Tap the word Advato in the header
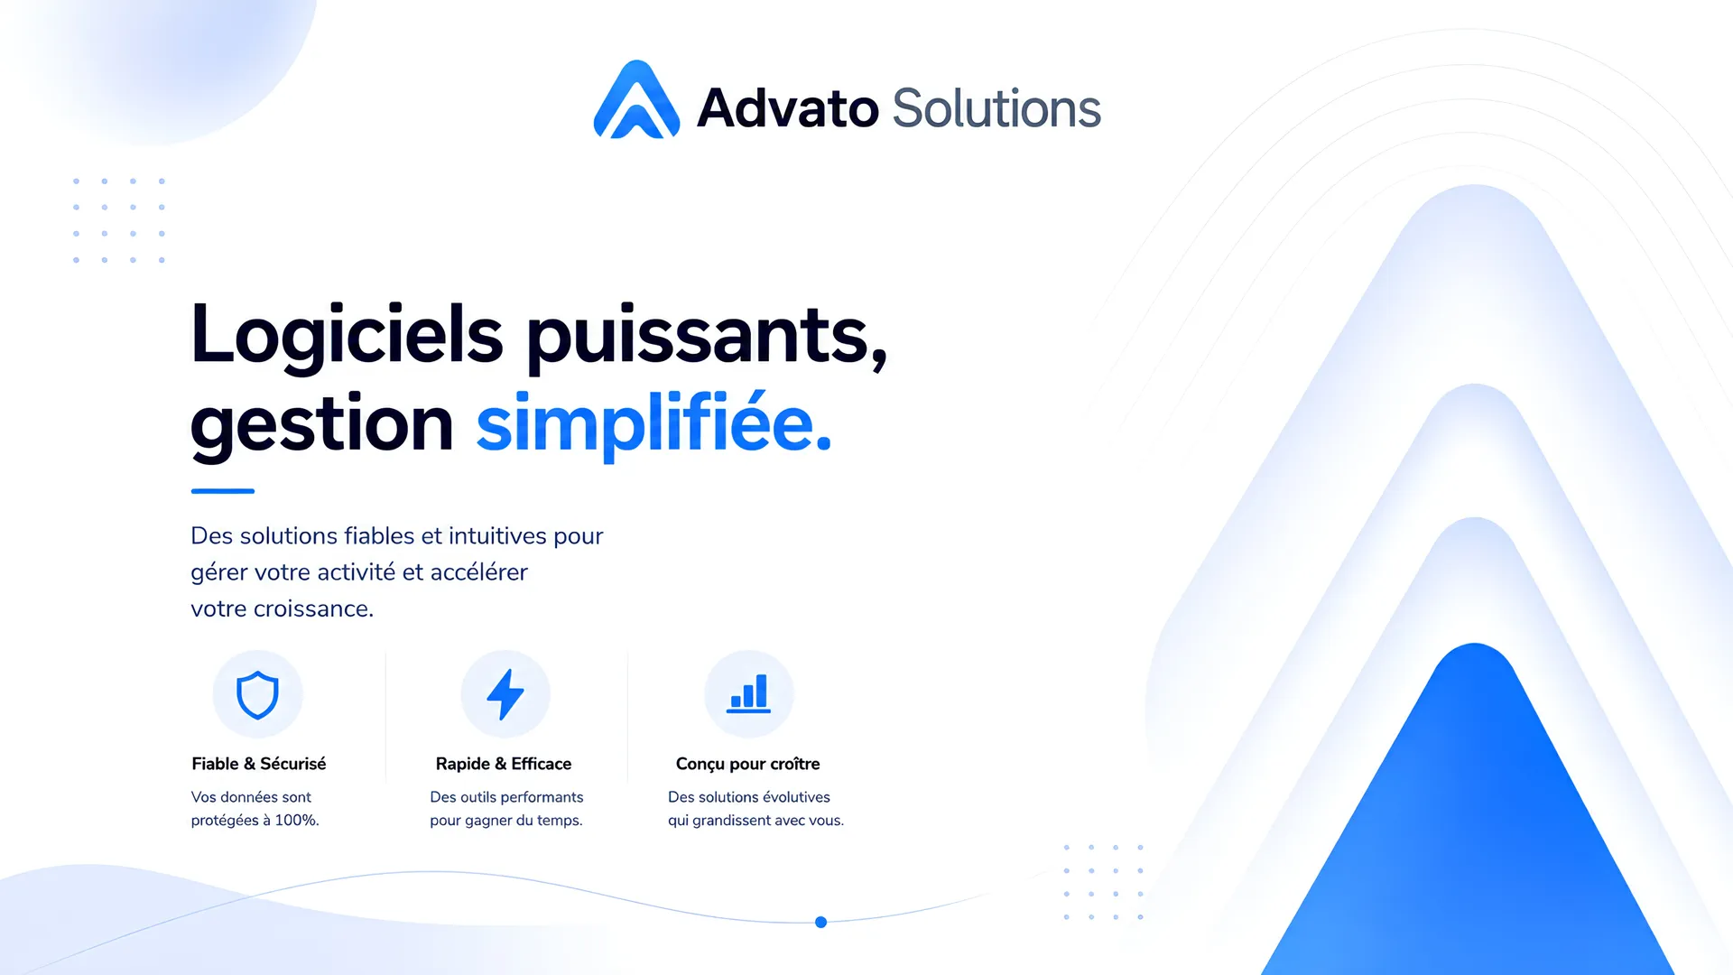coord(788,108)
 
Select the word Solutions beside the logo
coord(996,108)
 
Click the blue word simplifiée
coord(653,422)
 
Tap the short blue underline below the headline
coord(223,491)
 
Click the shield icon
coord(257,695)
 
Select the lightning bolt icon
coord(505,694)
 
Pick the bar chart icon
coord(749,693)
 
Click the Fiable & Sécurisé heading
coord(259,764)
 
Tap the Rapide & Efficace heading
coord(504,764)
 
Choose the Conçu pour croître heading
coord(748,764)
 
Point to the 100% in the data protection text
coord(297,821)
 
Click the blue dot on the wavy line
coord(820,922)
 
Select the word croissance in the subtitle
coord(313,609)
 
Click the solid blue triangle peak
coord(1474,646)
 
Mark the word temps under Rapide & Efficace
coord(560,822)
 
